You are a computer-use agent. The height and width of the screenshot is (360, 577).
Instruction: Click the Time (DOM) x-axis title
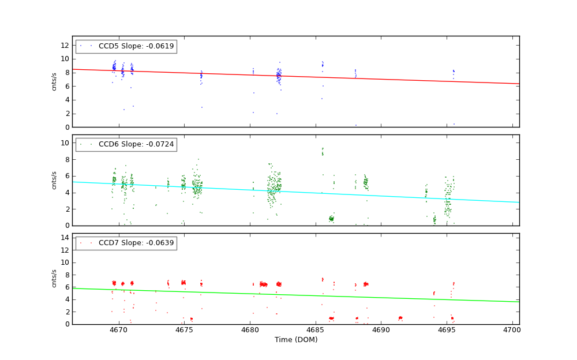[x=295, y=340]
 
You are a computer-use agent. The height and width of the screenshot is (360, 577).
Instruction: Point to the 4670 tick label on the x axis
[x=118, y=330]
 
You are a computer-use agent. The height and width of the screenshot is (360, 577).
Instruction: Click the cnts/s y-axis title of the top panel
[x=54, y=81]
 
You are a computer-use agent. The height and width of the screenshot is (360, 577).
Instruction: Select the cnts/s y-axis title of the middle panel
[x=54, y=180]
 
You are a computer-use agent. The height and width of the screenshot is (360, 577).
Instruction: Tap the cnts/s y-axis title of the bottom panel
[x=54, y=279]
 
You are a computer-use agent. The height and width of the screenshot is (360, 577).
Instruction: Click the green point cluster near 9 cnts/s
[x=323, y=152]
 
